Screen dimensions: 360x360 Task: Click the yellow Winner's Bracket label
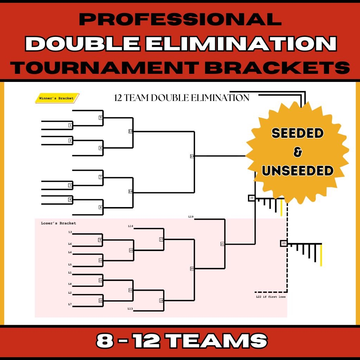[x=57, y=98]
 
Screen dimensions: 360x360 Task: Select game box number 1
[x=70, y=125]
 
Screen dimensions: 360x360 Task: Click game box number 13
[x=130, y=131]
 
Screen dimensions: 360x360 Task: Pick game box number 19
[x=192, y=156]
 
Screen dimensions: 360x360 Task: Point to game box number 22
[x=251, y=198]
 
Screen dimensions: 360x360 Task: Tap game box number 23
[x=284, y=243]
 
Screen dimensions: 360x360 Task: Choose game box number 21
[x=222, y=244]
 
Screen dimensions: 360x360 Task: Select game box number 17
[x=161, y=239]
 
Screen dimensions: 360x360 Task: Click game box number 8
[x=101, y=207]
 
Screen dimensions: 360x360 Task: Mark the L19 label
[x=191, y=217]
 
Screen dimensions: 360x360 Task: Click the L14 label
[x=130, y=226]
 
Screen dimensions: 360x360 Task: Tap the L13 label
[x=130, y=309]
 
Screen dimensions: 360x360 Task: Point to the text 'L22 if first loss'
[x=271, y=297]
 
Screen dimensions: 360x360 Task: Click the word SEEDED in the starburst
[x=297, y=133]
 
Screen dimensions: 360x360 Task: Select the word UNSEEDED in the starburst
[x=297, y=171]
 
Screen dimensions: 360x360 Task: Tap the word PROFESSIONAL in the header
[x=180, y=20]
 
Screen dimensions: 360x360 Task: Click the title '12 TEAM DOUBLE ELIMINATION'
[x=182, y=98]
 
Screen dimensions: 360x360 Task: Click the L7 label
[x=70, y=304]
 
